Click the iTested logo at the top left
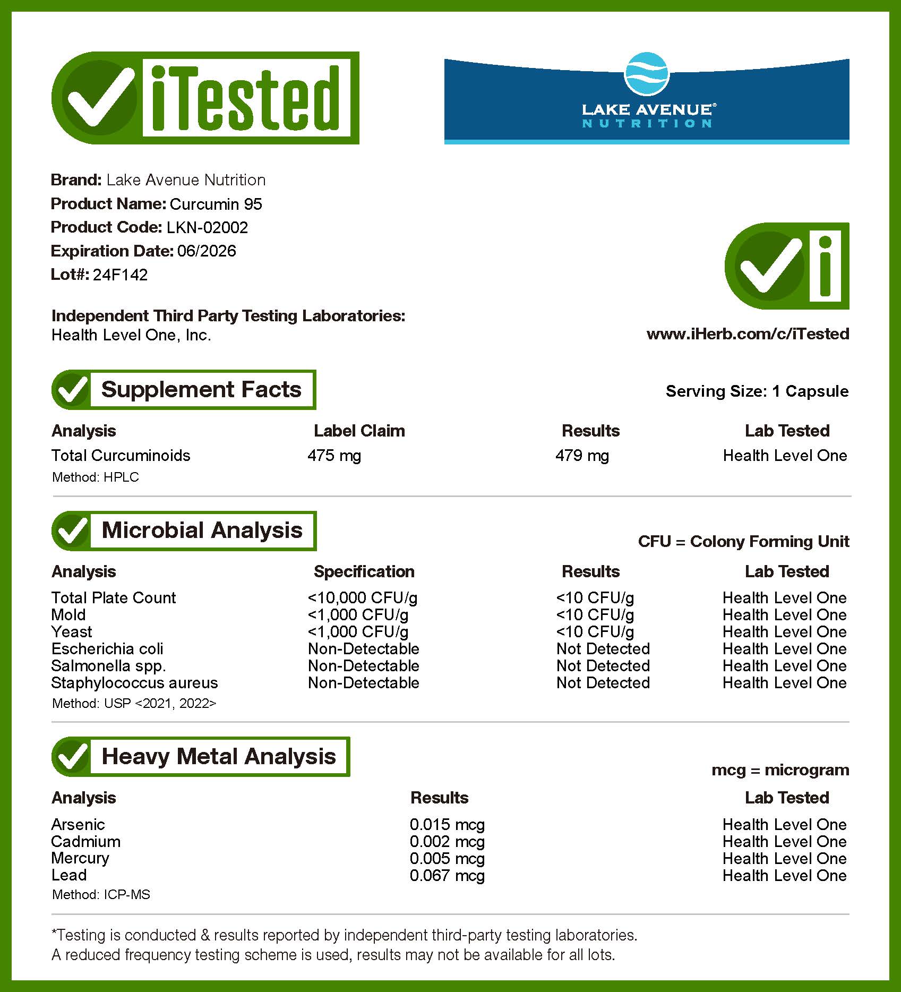(x=205, y=98)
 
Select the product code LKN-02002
(x=207, y=227)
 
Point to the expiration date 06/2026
(x=207, y=251)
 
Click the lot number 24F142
(x=121, y=275)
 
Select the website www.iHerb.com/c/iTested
(x=748, y=334)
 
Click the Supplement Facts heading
(x=201, y=390)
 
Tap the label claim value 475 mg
(x=334, y=456)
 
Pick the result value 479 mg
(x=582, y=456)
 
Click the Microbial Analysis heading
(x=202, y=531)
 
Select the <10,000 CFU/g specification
(x=362, y=598)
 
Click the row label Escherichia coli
(x=107, y=649)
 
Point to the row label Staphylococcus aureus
(x=134, y=683)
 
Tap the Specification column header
(x=364, y=571)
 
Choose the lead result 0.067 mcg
(x=447, y=876)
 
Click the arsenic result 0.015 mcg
(x=447, y=825)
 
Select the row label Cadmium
(x=85, y=842)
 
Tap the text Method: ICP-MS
(x=101, y=895)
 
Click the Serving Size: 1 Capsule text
(x=757, y=391)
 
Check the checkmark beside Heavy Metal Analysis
(x=72, y=756)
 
